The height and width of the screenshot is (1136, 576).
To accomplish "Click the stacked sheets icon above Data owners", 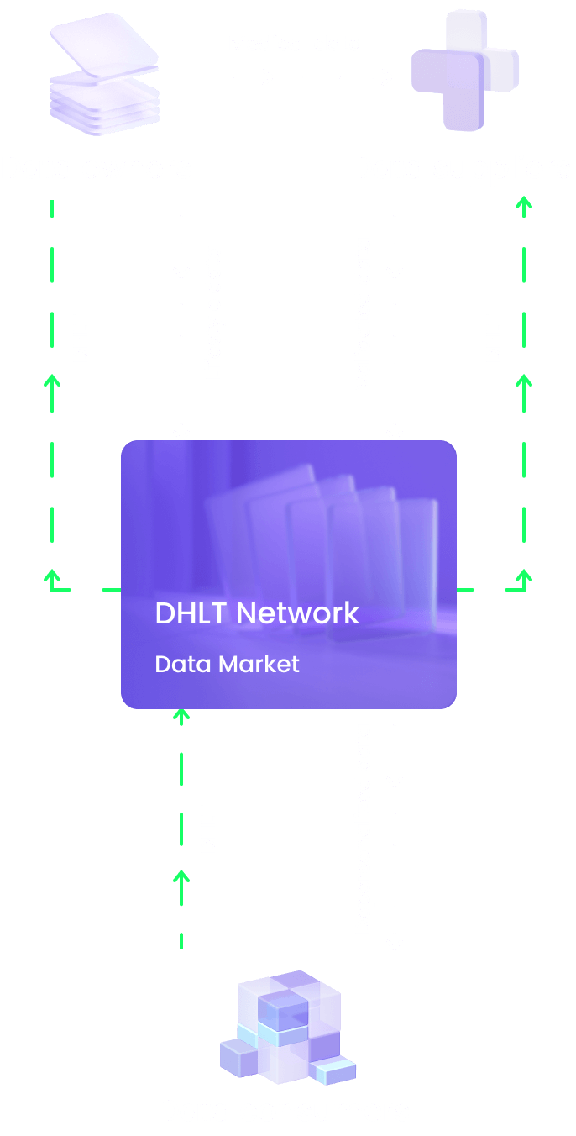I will [105, 77].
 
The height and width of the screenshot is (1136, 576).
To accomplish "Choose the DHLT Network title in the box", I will [257, 613].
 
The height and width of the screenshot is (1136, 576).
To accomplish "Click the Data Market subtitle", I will [227, 664].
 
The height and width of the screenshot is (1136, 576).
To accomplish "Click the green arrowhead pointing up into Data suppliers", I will [524, 203].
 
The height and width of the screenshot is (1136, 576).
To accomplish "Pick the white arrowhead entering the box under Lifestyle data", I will [181, 434].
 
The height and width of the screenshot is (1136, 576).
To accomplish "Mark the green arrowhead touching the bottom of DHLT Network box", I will [181, 714].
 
